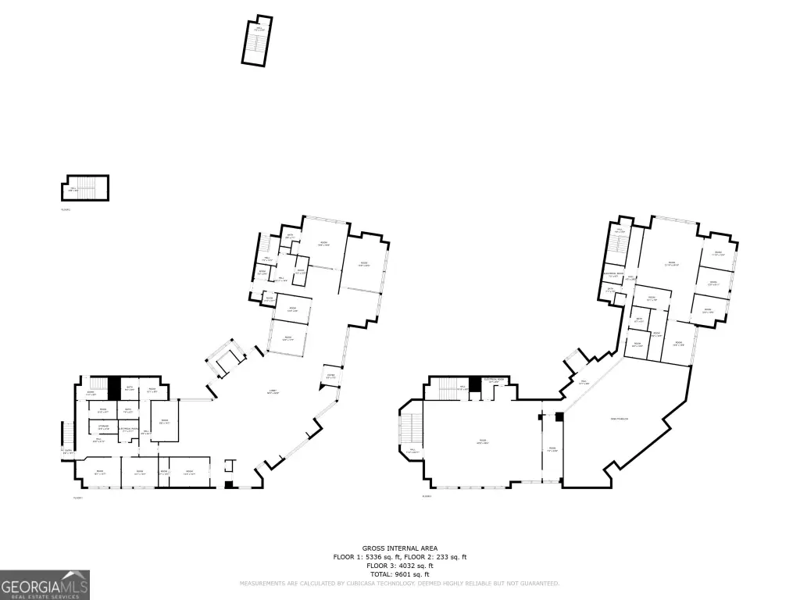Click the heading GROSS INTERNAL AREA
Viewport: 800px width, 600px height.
[x=399, y=548]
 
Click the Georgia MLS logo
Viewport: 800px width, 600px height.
[x=45, y=584]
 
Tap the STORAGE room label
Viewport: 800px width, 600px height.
[x=103, y=425]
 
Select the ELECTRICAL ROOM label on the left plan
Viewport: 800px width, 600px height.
[x=129, y=429]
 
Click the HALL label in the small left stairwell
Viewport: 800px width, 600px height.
[x=73, y=188]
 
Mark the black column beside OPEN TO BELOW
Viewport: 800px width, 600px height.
[x=559, y=417]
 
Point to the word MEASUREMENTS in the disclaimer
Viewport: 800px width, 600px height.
[x=266, y=584]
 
